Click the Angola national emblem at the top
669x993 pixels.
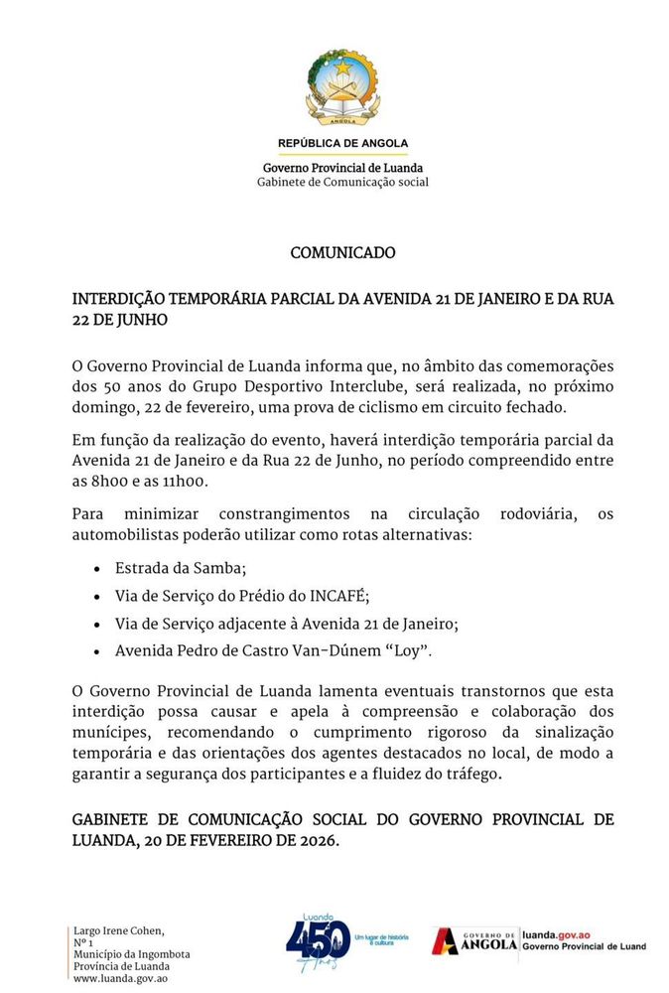click(x=342, y=86)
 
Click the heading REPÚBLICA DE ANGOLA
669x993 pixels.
click(x=342, y=143)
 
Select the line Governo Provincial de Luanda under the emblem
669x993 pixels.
click(x=342, y=168)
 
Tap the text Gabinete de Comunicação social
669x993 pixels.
click(x=342, y=182)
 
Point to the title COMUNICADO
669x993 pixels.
click(x=342, y=253)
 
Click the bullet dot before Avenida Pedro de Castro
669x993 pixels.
click(x=95, y=651)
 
